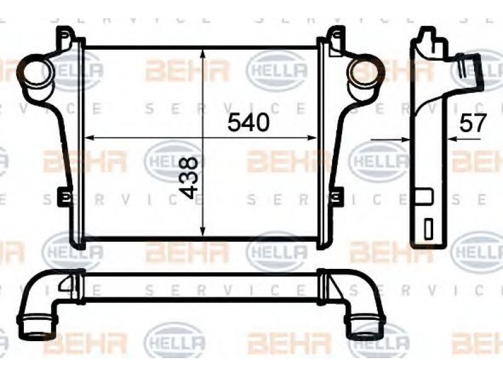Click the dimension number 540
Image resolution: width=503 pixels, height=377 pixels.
tap(248, 123)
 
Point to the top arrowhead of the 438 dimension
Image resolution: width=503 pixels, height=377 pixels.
tap(202, 53)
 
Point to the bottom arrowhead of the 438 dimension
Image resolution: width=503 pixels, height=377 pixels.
tap(202, 232)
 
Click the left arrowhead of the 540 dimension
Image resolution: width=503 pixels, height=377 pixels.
tap(89, 138)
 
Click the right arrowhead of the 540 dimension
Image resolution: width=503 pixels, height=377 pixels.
tap(312, 138)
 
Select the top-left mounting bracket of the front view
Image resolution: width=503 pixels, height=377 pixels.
tap(67, 38)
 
